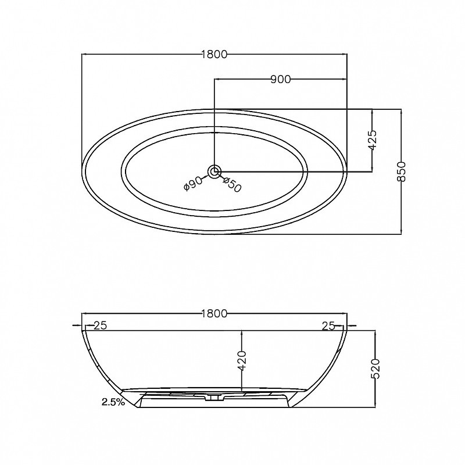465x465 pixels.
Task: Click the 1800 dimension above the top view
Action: point(214,54)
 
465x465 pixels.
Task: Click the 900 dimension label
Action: point(281,80)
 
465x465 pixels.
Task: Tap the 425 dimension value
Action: point(373,140)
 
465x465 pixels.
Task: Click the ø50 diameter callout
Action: point(232,184)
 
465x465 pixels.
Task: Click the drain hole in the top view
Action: point(214,171)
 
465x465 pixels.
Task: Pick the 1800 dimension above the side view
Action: point(214,313)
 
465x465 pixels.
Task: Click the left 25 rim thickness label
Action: point(100,325)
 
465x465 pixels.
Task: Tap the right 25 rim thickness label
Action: point(328,326)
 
